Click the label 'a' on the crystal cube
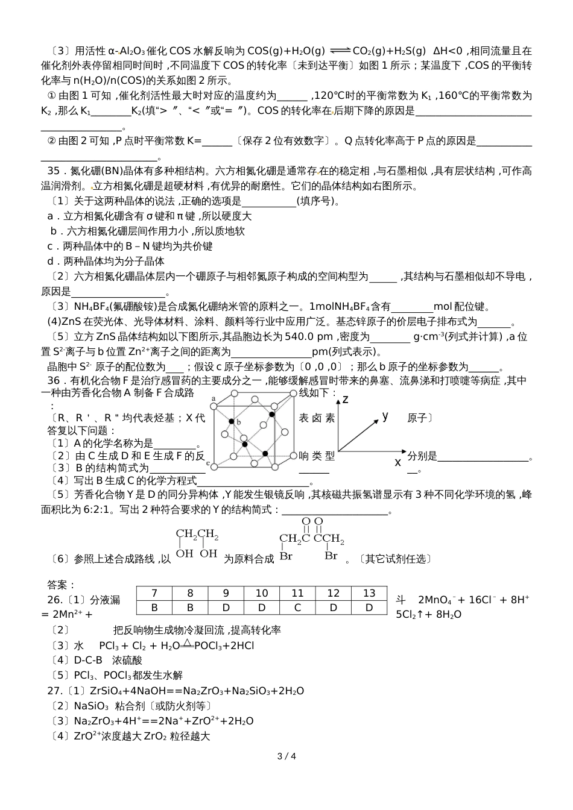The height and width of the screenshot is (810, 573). (214, 399)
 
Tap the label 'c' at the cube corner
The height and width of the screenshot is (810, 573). (209, 463)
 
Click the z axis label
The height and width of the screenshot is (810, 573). (346, 400)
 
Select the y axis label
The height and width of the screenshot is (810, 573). (385, 416)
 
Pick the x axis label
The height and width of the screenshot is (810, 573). (397, 462)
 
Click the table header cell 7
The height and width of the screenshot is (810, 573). (154, 593)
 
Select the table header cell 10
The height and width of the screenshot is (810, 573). (262, 593)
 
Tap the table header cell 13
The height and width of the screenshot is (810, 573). (369, 593)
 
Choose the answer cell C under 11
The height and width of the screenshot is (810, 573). (297, 607)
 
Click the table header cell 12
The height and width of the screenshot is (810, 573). (333, 593)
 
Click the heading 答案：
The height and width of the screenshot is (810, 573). (62, 585)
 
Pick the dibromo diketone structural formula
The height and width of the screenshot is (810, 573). (311, 539)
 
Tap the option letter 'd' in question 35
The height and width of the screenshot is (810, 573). (51, 262)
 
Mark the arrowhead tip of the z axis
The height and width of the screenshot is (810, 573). (338, 395)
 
